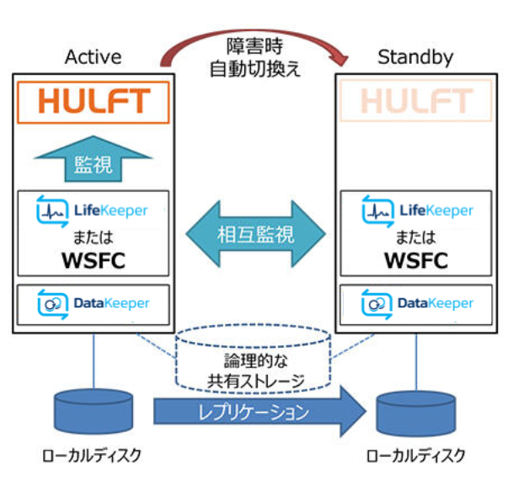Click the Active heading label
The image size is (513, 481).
(93, 57)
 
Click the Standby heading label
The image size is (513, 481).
(415, 57)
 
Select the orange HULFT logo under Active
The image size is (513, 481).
(94, 101)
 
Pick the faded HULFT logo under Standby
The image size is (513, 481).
(416, 101)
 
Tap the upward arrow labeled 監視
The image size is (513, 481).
(93, 159)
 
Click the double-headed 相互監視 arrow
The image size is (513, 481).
(255, 233)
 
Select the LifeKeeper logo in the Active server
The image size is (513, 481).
(93, 209)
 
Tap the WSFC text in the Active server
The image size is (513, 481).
(93, 259)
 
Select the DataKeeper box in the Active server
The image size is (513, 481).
(94, 302)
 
